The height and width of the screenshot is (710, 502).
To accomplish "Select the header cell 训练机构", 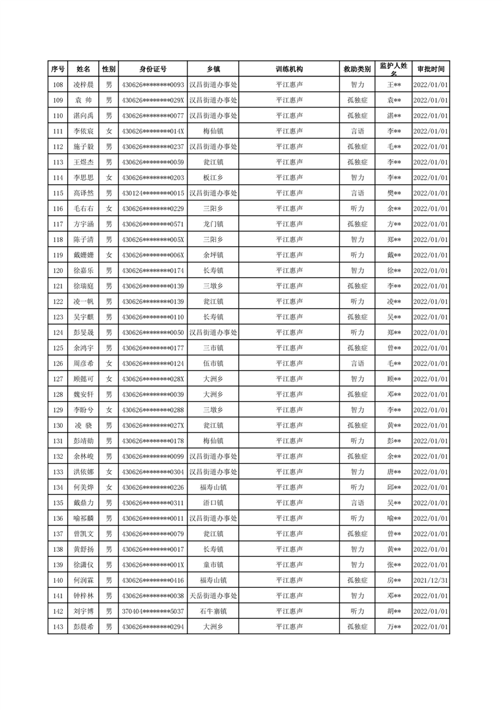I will click(289, 69).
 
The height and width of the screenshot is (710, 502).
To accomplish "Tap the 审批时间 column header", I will click(430, 69).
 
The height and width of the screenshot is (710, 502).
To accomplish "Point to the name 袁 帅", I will click(84, 100).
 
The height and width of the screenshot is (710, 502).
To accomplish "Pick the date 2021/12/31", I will click(430, 580).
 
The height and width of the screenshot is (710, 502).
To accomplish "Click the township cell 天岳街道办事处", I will click(213, 596).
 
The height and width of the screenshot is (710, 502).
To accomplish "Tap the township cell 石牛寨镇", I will click(213, 611).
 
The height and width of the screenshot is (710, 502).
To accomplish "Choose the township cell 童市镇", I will click(213, 565).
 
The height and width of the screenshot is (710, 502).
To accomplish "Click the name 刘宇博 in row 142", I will click(84, 611).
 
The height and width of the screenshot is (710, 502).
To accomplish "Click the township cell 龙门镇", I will click(213, 224).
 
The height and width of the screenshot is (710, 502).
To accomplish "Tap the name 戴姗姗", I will click(84, 255).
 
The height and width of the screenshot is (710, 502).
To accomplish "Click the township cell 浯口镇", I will click(213, 503).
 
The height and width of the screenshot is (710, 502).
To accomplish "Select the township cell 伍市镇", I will click(213, 363).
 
